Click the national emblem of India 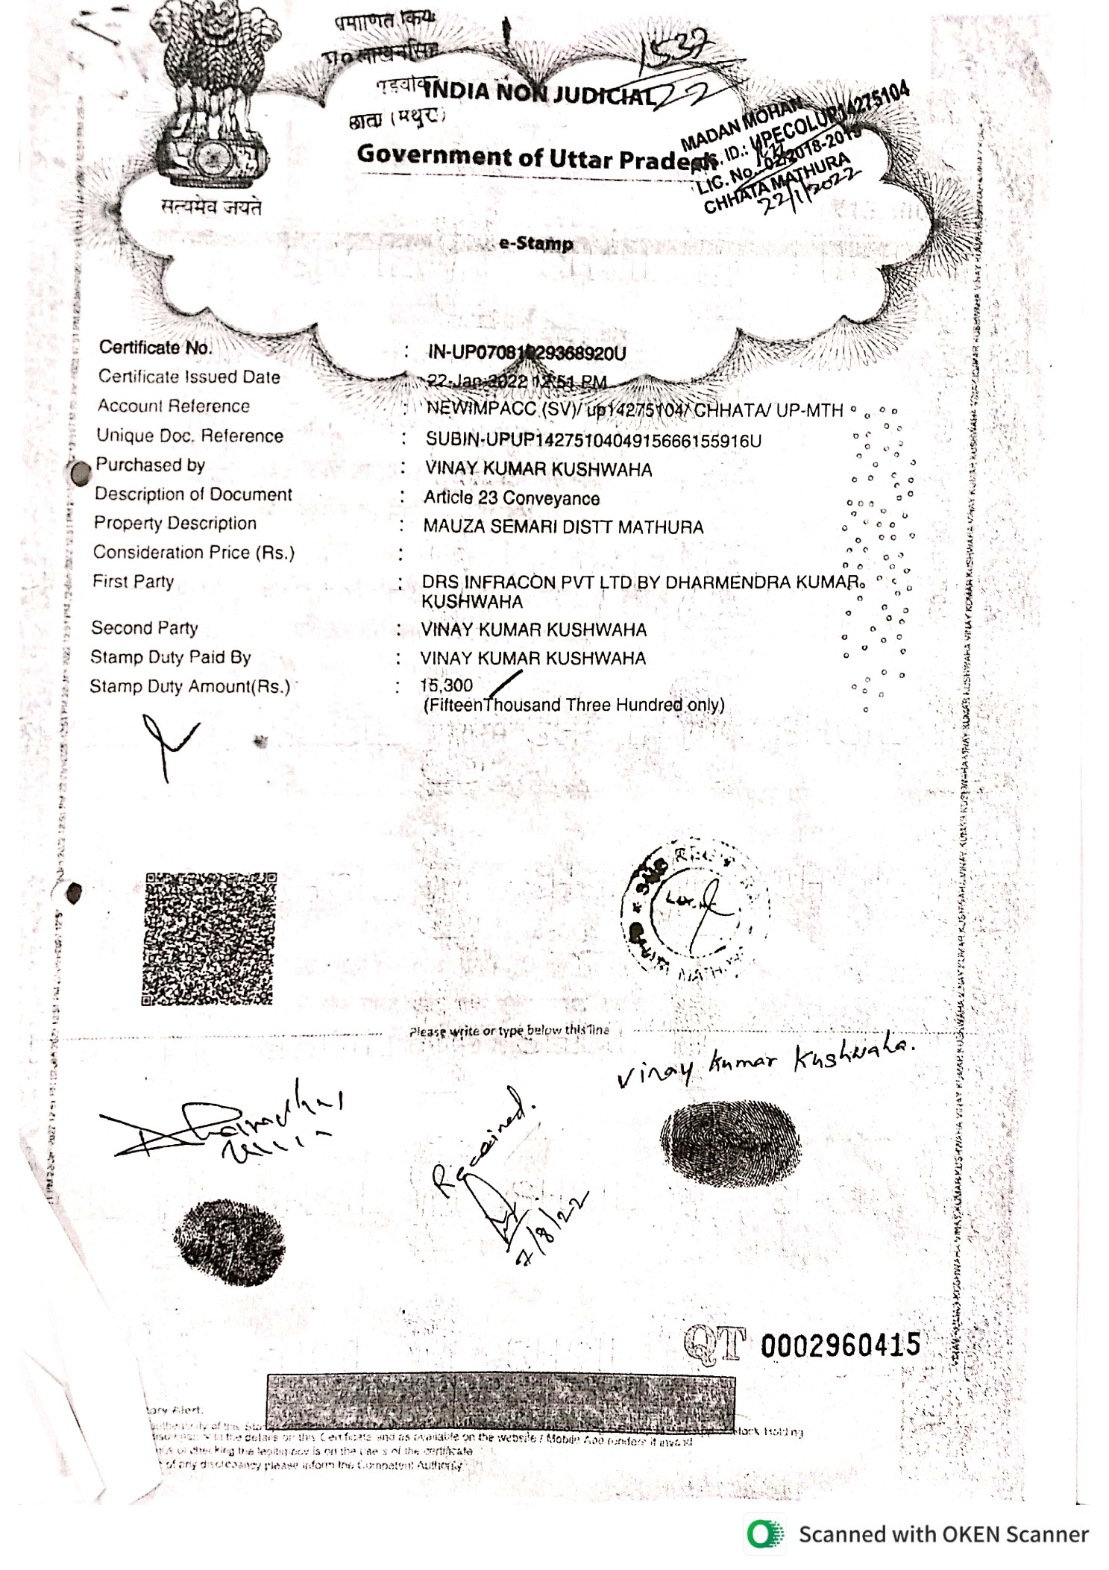click(212, 104)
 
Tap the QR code click(209, 938)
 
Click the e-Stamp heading click(535, 244)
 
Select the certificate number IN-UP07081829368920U click(527, 353)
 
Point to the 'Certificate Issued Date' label click(189, 377)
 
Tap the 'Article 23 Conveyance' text click(512, 498)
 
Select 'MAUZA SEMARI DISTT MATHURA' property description click(563, 527)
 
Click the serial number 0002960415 click(841, 1346)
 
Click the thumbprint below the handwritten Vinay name click(729, 1146)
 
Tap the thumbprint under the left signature click(229, 1243)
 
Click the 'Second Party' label click(145, 628)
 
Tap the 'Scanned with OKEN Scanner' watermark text click(943, 1534)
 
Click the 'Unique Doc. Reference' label click(189, 436)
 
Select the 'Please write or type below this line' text click(509, 1031)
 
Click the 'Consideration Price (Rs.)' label click(193, 553)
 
